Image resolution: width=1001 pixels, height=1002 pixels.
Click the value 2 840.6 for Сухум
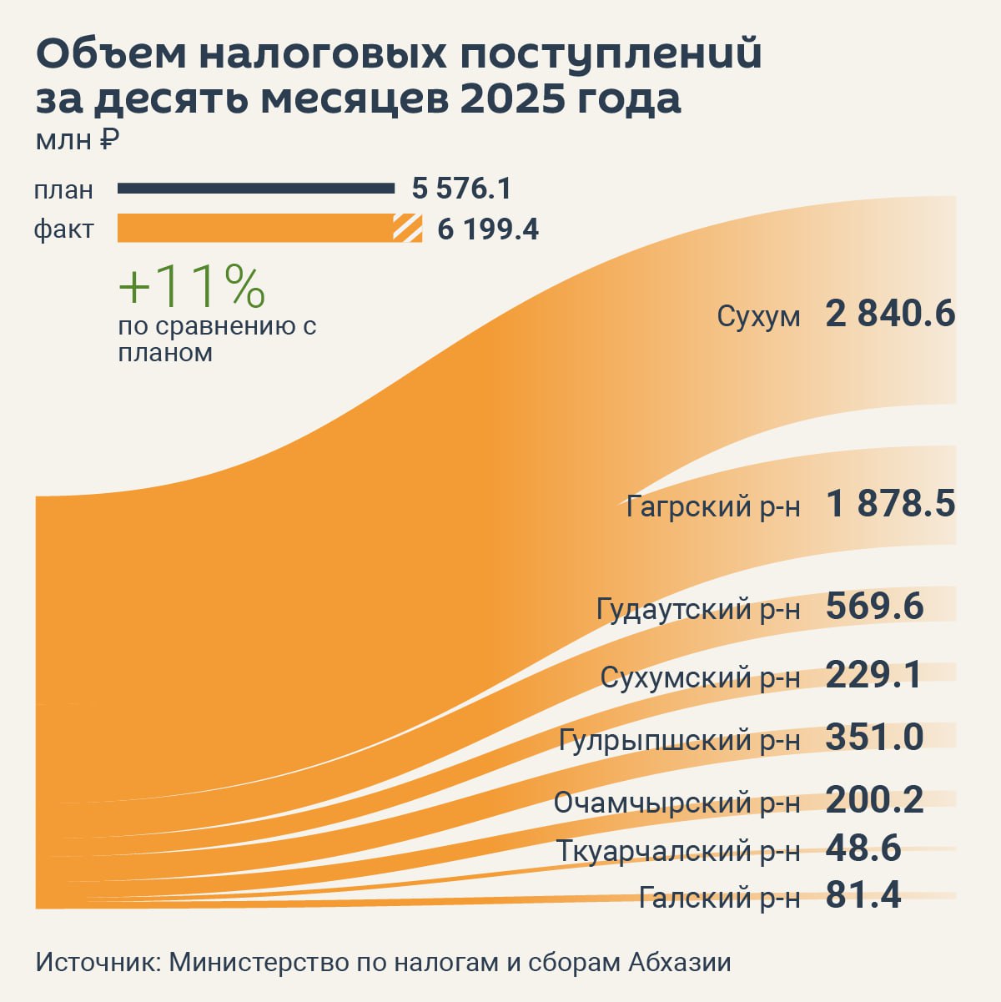pyautogui.click(x=890, y=315)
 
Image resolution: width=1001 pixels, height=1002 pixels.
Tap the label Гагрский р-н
pyautogui.click(x=713, y=506)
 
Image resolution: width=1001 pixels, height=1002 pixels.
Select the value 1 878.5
pyautogui.click(x=890, y=505)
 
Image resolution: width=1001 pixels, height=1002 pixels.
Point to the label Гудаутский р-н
pyautogui.click(x=698, y=609)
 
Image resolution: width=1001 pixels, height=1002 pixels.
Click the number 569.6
pyautogui.click(x=875, y=607)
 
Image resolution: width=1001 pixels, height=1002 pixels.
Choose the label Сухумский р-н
pyautogui.click(x=700, y=677)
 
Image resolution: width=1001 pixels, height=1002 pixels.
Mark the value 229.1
pyautogui.click(x=873, y=675)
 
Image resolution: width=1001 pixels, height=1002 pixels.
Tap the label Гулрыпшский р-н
pyautogui.click(x=679, y=740)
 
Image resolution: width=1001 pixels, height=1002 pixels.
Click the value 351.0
pyautogui.click(x=875, y=738)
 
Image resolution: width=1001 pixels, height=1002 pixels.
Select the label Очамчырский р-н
pyautogui.click(x=677, y=803)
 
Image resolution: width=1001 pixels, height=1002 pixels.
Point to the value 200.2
pyautogui.click(x=875, y=800)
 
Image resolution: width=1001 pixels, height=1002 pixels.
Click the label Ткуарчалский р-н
pyautogui.click(x=678, y=852)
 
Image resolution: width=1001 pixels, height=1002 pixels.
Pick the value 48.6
pyautogui.click(x=863, y=848)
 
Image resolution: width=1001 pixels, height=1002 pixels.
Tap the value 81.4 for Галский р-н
pyautogui.click(x=863, y=895)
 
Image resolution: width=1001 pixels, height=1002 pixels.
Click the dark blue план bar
pyautogui.click(x=256, y=189)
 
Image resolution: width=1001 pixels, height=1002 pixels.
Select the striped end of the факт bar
pyautogui.click(x=408, y=228)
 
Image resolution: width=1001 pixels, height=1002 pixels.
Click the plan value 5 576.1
pyautogui.click(x=461, y=189)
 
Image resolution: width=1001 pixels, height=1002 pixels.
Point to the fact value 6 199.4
pyautogui.click(x=488, y=229)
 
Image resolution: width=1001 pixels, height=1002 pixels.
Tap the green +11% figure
pyautogui.click(x=192, y=286)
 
